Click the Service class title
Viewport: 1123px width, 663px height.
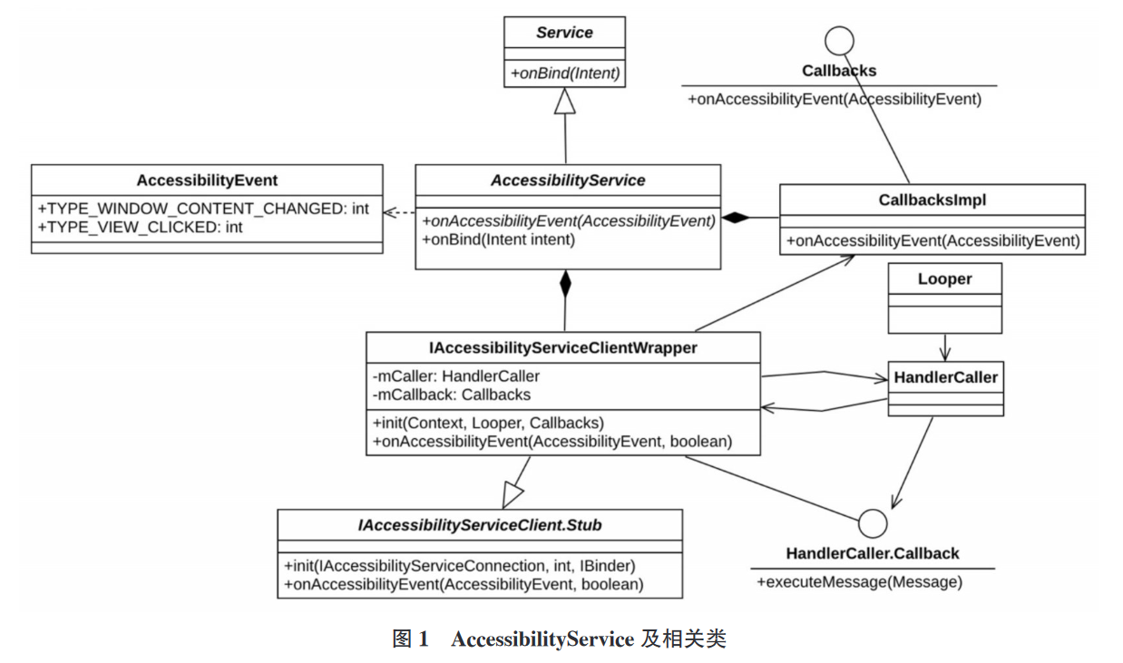coord(564,33)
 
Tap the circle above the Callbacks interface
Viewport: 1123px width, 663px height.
coord(839,40)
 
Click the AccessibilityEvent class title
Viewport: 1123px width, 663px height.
coord(207,180)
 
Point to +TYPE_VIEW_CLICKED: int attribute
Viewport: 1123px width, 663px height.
coord(140,227)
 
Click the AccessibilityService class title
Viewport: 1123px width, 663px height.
coord(568,180)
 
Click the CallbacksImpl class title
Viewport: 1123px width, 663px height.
coord(932,200)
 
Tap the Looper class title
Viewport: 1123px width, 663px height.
coord(944,279)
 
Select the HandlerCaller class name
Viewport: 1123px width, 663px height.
coord(945,377)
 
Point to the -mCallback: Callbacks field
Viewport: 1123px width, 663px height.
coord(451,395)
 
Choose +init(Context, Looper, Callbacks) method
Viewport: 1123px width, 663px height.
coord(488,423)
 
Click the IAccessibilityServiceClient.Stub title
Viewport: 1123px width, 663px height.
coord(480,524)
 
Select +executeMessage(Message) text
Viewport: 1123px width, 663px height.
coord(858,582)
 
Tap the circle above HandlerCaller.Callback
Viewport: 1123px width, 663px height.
coord(872,523)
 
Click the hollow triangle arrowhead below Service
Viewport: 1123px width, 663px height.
coord(565,102)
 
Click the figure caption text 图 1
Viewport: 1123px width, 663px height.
coord(410,639)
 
